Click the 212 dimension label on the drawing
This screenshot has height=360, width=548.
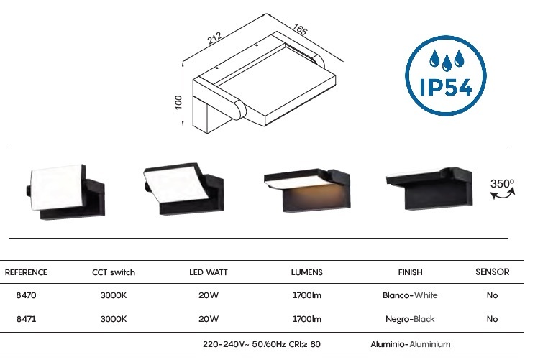(214, 37)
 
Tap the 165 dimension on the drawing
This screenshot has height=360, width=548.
(300, 29)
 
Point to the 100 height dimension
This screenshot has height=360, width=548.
(178, 102)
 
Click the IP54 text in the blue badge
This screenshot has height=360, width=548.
(446, 87)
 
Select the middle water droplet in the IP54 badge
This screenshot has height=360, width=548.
(447, 63)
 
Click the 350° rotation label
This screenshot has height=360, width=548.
(502, 183)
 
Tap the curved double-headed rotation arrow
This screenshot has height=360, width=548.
(503, 194)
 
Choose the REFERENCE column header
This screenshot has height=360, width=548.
(26, 272)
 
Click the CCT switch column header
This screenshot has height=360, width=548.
(114, 272)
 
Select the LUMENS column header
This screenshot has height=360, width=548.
(307, 272)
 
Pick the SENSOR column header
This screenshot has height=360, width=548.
(493, 272)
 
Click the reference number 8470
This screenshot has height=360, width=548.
(26, 295)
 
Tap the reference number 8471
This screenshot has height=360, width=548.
(26, 319)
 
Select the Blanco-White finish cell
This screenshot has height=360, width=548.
(410, 295)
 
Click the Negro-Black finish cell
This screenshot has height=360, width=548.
(410, 319)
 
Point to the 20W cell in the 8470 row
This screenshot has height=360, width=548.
(209, 295)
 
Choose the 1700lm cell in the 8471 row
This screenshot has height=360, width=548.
(307, 319)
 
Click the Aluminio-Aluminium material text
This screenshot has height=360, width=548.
(411, 344)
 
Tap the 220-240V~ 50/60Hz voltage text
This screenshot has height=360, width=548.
(245, 344)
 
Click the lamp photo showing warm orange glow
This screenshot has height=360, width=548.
(308, 190)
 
